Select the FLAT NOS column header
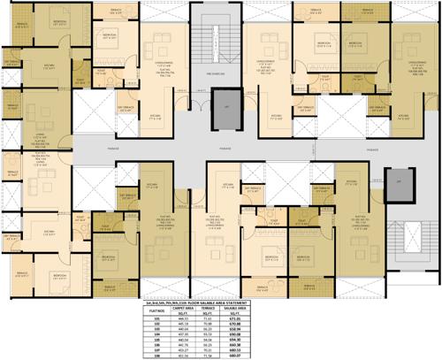[x=159, y=310]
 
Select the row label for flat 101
[x=159, y=319]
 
